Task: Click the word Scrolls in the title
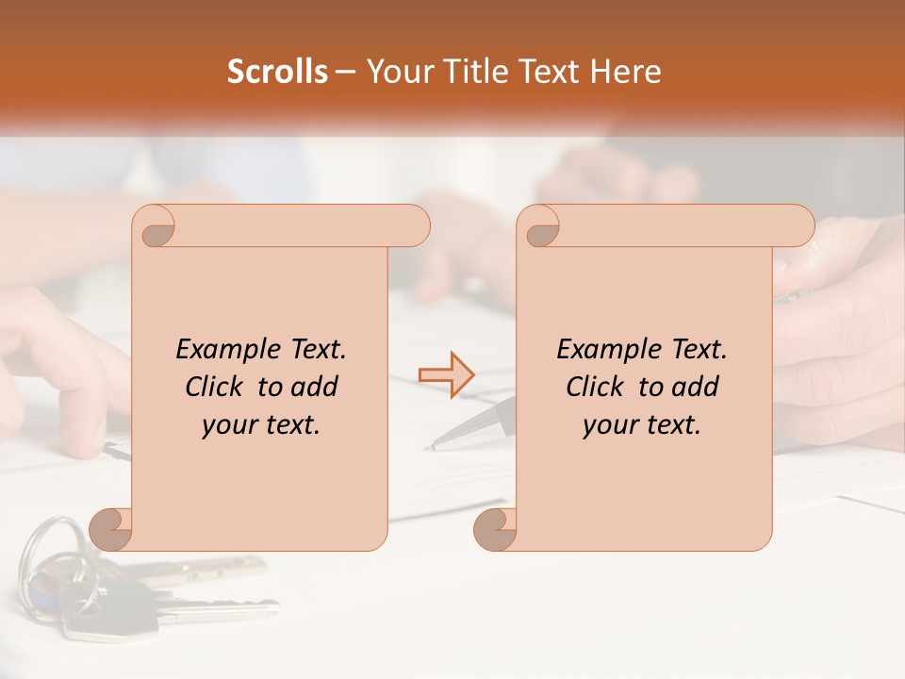coord(277,72)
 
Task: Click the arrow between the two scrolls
coord(446,374)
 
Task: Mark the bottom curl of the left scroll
coord(111,529)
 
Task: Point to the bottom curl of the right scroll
coord(495,529)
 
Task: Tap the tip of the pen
coord(431,446)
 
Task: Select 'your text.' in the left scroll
coord(261,424)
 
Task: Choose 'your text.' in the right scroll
coord(642,424)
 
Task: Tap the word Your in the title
coord(398,72)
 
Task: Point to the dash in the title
coord(346,72)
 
